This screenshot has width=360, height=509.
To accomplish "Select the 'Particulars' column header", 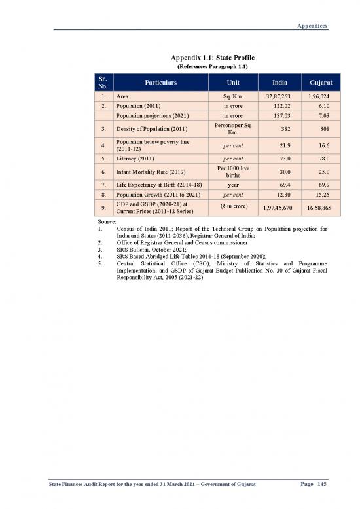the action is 161,83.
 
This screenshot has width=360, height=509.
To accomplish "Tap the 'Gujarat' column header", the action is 314,83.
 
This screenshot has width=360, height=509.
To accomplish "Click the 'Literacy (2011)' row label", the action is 135,158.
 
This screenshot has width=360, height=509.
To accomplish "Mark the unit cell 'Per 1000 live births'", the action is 233,171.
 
